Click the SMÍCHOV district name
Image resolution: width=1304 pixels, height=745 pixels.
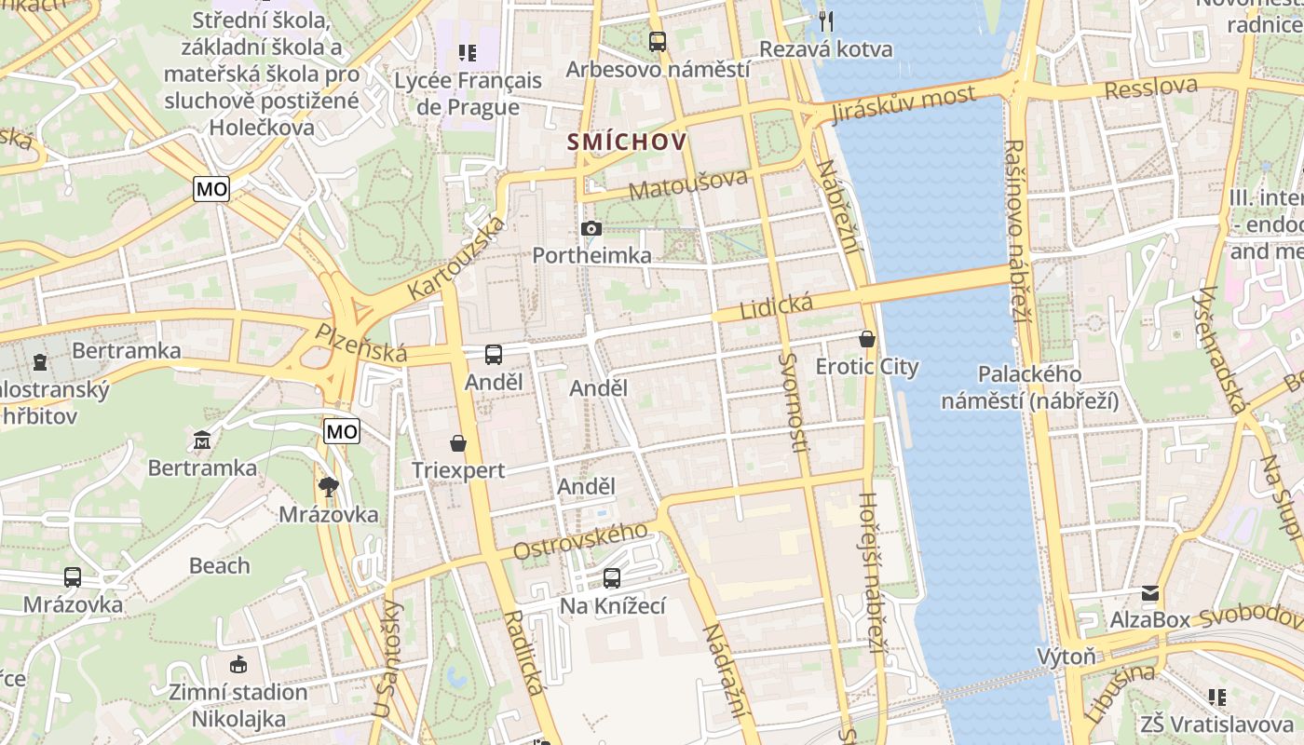click(x=628, y=142)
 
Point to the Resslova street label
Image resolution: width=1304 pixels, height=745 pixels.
click(x=1151, y=88)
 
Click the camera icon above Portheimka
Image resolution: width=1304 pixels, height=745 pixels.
click(x=591, y=228)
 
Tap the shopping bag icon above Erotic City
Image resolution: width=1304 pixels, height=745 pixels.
click(x=867, y=339)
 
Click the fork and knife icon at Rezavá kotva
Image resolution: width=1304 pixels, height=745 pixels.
click(x=825, y=20)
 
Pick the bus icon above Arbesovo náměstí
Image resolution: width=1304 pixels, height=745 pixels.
click(x=658, y=41)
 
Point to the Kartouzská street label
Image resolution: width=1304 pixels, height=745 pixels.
click(x=457, y=257)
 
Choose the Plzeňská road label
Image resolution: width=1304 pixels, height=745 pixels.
click(x=360, y=342)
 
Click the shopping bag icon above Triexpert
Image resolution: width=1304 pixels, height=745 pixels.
click(x=458, y=442)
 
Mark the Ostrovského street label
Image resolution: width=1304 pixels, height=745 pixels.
click(x=580, y=540)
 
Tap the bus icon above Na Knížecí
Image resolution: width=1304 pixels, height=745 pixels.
click(x=612, y=578)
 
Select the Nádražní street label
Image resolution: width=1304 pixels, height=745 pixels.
click(x=727, y=671)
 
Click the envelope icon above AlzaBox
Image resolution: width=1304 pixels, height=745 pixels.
click(x=1150, y=592)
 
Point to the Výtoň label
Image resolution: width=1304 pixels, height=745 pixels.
click(x=1066, y=657)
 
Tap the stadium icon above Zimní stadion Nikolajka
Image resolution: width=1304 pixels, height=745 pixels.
click(x=238, y=664)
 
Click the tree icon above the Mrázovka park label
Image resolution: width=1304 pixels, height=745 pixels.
click(x=328, y=486)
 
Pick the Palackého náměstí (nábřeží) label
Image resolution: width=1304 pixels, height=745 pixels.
click(x=1029, y=387)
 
